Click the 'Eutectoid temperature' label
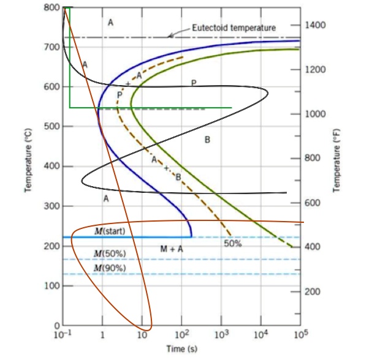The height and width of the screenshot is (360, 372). [233, 28]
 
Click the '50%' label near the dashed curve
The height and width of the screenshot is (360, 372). [232, 244]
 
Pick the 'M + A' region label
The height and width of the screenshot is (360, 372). [172, 249]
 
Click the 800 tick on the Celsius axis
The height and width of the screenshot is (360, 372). [51, 7]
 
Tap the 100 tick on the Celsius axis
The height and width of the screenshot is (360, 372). [51, 286]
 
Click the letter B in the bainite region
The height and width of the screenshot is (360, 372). [207, 140]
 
